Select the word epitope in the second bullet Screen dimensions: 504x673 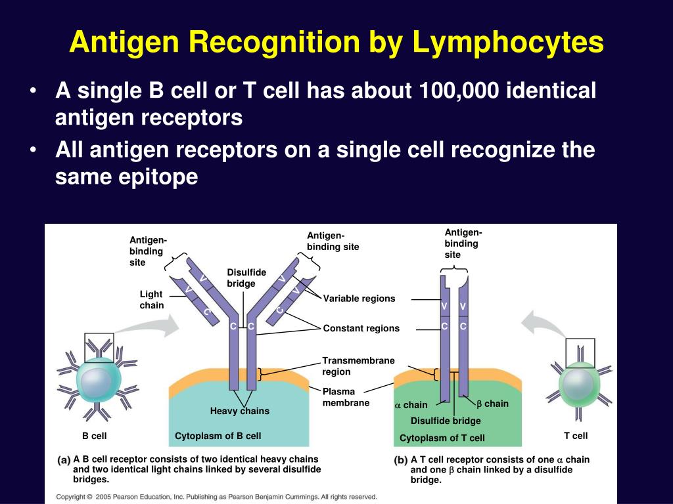(x=160, y=178)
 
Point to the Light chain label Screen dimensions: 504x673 (x=152, y=300)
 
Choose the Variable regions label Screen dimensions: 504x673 (x=359, y=299)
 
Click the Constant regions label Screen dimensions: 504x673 (x=361, y=328)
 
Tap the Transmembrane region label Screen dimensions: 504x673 (x=358, y=366)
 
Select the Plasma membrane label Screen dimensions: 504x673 (x=346, y=397)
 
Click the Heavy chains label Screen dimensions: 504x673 (x=239, y=411)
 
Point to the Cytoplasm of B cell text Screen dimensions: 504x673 (x=218, y=436)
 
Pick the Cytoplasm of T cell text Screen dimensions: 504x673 (x=442, y=438)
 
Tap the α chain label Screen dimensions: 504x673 (x=411, y=405)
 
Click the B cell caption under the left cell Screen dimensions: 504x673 (x=94, y=436)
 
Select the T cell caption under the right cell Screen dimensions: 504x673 (x=576, y=436)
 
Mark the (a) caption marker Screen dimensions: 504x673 (x=64, y=460)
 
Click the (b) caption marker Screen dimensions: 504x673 (x=400, y=460)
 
